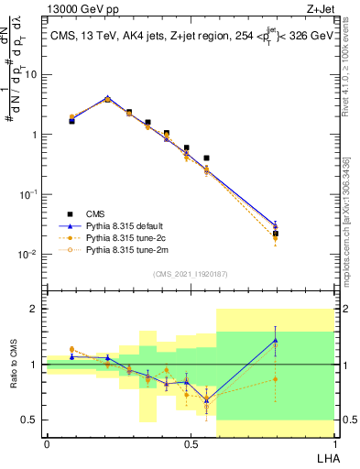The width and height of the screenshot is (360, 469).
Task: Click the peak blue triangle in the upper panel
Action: tap(107, 99)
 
